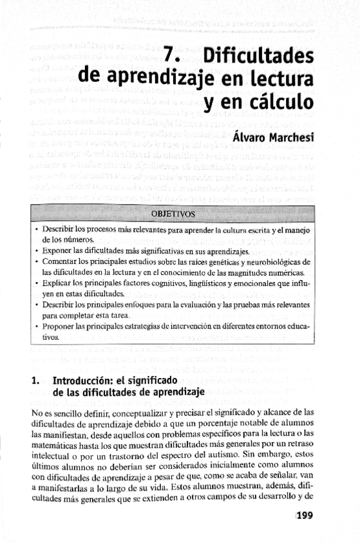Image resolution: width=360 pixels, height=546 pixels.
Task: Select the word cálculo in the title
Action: coord(274,102)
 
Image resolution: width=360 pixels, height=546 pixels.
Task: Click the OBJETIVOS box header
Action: coord(172,214)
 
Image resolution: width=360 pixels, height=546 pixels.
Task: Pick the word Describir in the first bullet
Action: coord(61,229)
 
